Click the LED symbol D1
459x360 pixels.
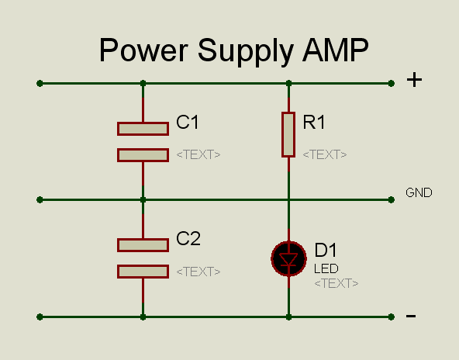pos(288,258)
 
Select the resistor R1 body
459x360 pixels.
pos(288,134)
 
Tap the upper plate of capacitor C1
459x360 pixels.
pos(143,129)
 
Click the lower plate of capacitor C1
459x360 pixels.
pos(143,155)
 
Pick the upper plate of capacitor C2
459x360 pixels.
pos(143,245)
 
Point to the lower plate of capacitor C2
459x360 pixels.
pos(143,272)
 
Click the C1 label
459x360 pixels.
pos(188,122)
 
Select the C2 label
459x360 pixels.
pos(188,238)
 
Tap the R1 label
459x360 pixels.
pos(314,122)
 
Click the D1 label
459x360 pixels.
pos(326,250)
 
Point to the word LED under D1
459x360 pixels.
pos(326,268)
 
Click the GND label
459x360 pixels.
pos(419,192)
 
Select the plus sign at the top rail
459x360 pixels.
pos(414,80)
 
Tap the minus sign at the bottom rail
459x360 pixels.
pos(411,316)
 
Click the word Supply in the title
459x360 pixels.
pos(245,51)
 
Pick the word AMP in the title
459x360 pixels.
pos(336,50)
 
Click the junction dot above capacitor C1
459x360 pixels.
pos(143,84)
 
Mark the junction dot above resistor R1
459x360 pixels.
pos(288,84)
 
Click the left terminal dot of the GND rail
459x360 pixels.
pos(40,199)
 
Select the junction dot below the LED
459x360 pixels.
pos(288,317)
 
